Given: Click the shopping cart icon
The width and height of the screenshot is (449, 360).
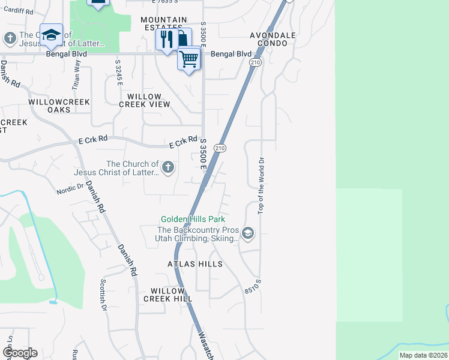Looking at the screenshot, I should pyautogui.click(x=188, y=59).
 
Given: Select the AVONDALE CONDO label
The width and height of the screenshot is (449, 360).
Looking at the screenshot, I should pyautogui.click(x=273, y=40).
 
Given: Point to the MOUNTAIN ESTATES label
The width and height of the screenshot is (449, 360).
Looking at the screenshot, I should pyautogui.click(x=164, y=23).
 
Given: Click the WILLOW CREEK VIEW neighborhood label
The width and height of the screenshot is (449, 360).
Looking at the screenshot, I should pyautogui.click(x=145, y=100).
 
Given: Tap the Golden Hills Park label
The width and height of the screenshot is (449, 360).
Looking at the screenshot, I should pyautogui.click(x=193, y=219).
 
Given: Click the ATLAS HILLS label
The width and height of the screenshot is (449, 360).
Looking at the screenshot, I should pyautogui.click(x=195, y=264).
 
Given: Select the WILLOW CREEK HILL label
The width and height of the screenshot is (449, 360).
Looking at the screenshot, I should pyautogui.click(x=167, y=294).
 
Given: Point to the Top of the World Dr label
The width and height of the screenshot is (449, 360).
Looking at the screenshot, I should pyautogui.click(x=261, y=185).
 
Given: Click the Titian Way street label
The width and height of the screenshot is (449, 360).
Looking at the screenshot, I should pyautogui.click(x=76, y=77).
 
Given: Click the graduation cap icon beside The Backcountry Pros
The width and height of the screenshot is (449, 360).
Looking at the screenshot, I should pyautogui.click(x=248, y=233).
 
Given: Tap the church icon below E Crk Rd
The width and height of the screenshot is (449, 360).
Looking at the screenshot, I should pyautogui.click(x=168, y=167).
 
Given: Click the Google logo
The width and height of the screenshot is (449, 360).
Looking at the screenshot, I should pyautogui.click(x=20, y=353).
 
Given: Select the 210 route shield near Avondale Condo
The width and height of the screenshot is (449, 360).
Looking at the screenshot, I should pyautogui.click(x=256, y=62).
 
